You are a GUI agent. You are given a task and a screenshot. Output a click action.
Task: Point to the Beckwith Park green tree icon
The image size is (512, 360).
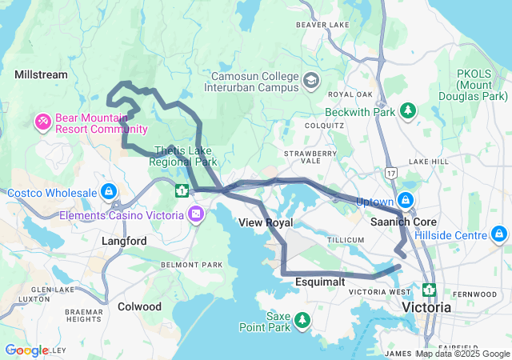coord(407,110)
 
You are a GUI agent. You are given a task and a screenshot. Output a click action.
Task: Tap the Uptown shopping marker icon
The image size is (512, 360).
coord(406,200)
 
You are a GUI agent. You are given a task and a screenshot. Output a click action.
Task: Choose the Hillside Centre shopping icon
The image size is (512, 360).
coord(499,234)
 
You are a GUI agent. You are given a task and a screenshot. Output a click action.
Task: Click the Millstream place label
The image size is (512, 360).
coord(41,74)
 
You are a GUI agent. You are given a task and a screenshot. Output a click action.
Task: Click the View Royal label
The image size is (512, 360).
coord(266,222)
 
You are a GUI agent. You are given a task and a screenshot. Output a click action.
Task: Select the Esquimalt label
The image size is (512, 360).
coord(319,282)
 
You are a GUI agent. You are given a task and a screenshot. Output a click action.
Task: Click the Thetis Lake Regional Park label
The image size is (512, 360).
coord(186,156)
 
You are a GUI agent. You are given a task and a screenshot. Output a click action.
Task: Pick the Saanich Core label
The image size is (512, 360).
coord(402,221)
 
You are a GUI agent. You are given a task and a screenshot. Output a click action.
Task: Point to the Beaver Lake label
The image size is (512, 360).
coord(319,25)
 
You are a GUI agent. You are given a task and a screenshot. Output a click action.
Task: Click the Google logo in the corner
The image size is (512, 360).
coord(26,350)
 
